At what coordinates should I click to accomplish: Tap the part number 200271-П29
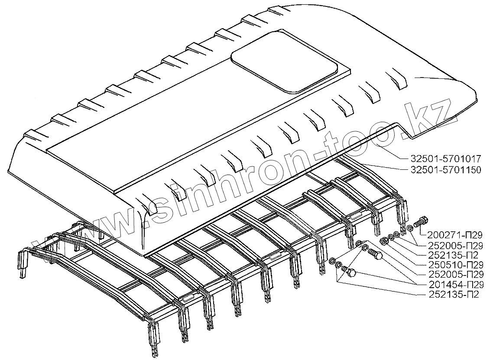(x=454, y=235)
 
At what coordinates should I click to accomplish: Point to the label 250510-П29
(x=454, y=264)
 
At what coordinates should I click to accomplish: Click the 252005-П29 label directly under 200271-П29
(x=454, y=245)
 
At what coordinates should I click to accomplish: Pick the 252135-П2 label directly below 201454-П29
(x=454, y=294)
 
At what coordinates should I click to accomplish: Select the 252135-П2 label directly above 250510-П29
(x=454, y=255)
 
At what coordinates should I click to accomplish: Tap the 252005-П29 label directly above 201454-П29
(x=454, y=274)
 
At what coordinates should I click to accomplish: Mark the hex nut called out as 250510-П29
(x=383, y=240)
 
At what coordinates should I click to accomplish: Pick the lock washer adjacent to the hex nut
(x=391, y=237)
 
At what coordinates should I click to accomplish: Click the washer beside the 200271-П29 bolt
(x=409, y=228)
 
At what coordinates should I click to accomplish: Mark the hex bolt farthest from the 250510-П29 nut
(x=350, y=273)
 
